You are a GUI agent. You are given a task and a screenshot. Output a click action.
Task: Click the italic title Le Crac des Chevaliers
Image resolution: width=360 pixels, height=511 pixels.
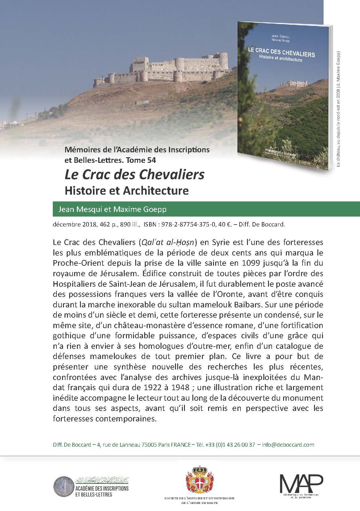(134, 175)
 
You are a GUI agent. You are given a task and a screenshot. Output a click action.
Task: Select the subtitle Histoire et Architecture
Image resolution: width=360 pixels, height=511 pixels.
(127, 190)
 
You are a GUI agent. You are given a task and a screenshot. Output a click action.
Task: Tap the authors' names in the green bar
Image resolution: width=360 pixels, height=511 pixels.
(112, 209)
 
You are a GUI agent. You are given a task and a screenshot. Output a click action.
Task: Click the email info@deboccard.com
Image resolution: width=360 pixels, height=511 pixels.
(288, 445)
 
